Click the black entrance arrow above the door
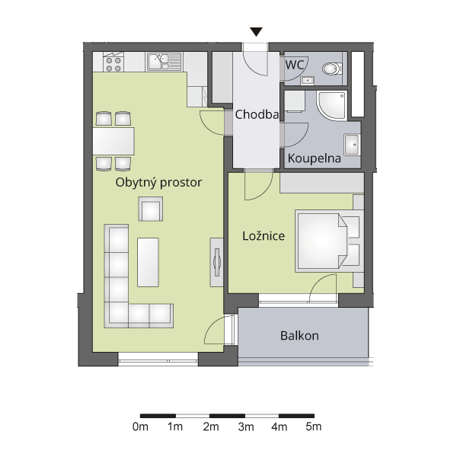click(256, 32)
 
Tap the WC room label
click(294, 65)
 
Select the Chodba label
click(257, 114)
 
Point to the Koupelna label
click(314, 158)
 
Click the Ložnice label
click(264, 236)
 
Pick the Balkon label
click(299, 336)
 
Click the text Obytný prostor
click(158, 183)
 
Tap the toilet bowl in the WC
click(332, 69)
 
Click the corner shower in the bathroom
click(332, 106)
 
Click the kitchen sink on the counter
click(164, 62)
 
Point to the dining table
click(113, 141)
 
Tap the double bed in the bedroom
click(330, 241)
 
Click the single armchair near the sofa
click(151, 209)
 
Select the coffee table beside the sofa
click(148, 262)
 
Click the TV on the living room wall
click(217, 262)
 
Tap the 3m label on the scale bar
click(246, 427)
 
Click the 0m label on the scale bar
click(140, 427)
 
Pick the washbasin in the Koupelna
click(352, 145)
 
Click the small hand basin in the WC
click(307, 80)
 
